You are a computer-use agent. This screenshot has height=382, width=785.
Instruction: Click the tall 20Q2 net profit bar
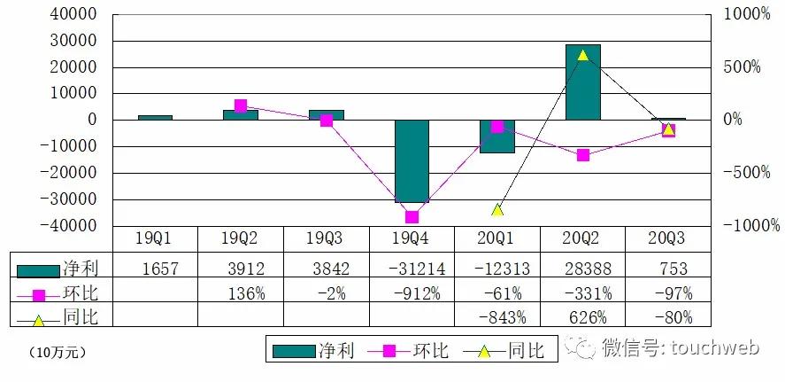[583, 82]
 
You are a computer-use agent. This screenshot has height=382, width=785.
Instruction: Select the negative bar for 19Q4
[412, 161]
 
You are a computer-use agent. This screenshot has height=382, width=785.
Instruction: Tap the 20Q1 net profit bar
[497, 136]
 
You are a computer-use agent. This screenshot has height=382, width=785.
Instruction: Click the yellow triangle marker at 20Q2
[582, 55]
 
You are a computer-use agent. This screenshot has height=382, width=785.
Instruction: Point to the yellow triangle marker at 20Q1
[497, 210]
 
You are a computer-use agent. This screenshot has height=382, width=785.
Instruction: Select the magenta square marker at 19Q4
[412, 216]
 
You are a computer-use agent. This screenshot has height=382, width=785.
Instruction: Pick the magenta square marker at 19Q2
[241, 105]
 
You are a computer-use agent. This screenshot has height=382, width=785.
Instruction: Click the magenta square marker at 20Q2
[582, 155]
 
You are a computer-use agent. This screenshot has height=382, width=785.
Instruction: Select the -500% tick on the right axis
[746, 173]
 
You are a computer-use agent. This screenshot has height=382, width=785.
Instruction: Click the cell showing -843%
[497, 316]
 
